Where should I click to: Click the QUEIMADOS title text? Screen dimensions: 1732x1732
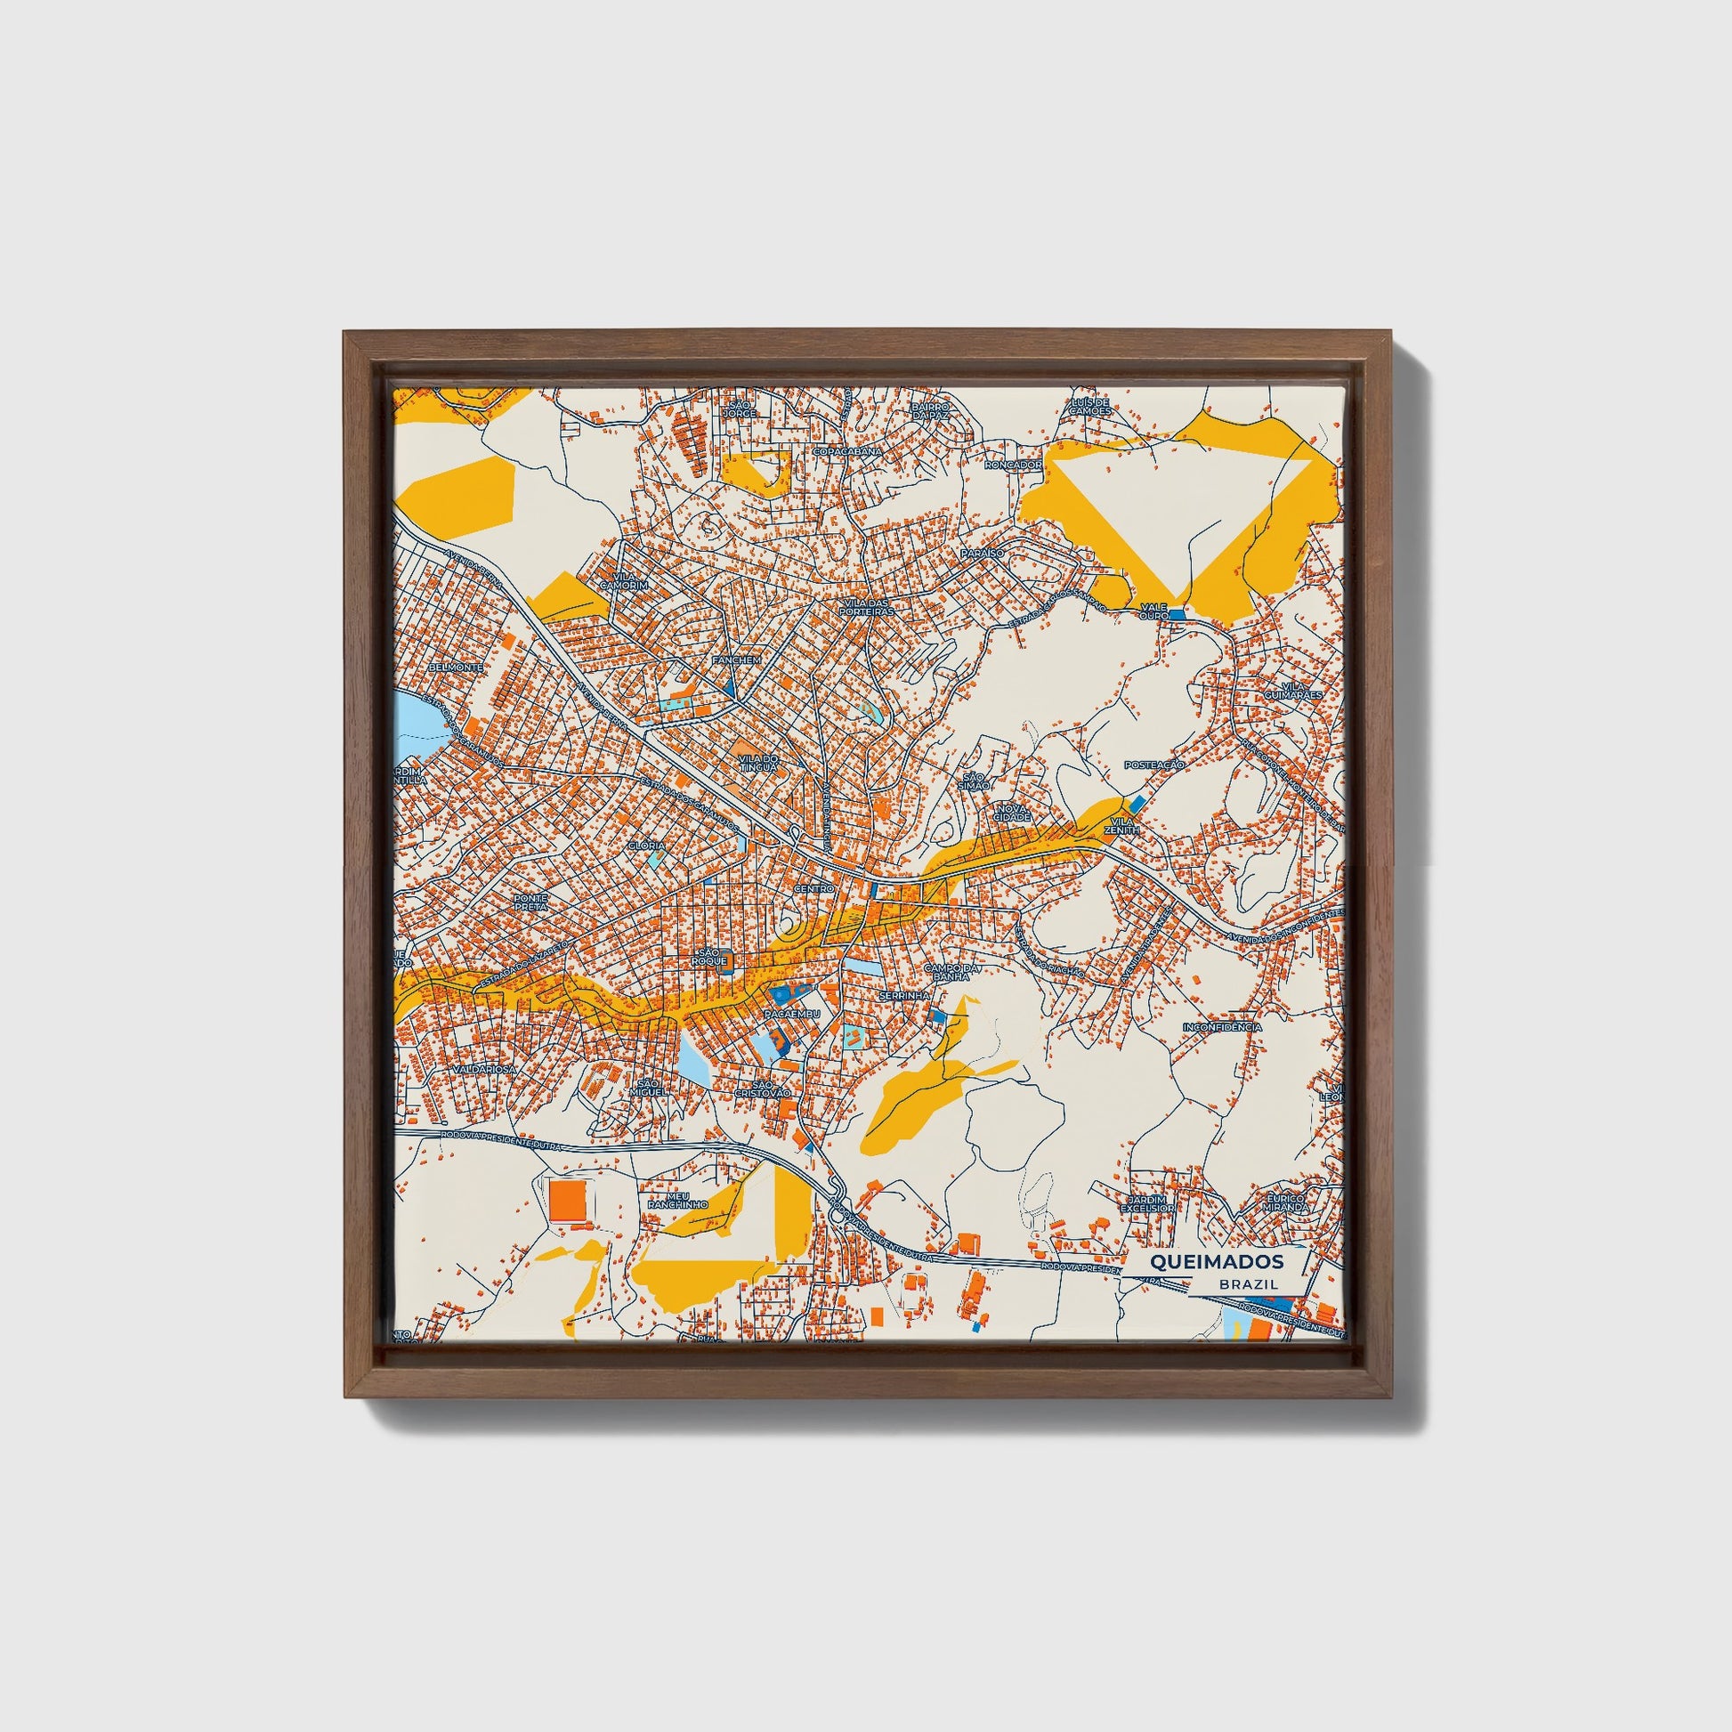pyautogui.click(x=1216, y=1261)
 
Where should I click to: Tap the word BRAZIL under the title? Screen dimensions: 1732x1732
pyautogui.click(x=1248, y=1284)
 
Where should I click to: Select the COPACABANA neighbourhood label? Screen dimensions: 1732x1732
pyautogui.click(x=847, y=452)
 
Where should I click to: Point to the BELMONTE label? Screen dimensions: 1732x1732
pyautogui.click(x=457, y=668)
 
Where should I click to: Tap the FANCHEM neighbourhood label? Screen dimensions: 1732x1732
pyautogui.click(x=735, y=660)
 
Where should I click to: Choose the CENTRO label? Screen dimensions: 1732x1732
pyautogui.click(x=814, y=887)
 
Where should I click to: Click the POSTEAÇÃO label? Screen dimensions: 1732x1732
pyautogui.click(x=1154, y=765)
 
